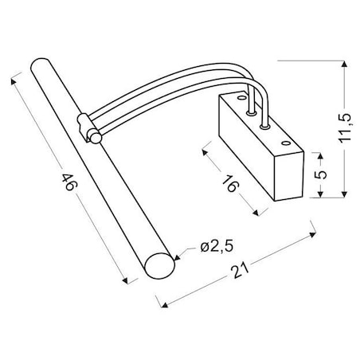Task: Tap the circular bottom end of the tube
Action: pyautogui.click(x=159, y=266)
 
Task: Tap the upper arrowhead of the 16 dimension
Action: pyautogui.click(x=205, y=146)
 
